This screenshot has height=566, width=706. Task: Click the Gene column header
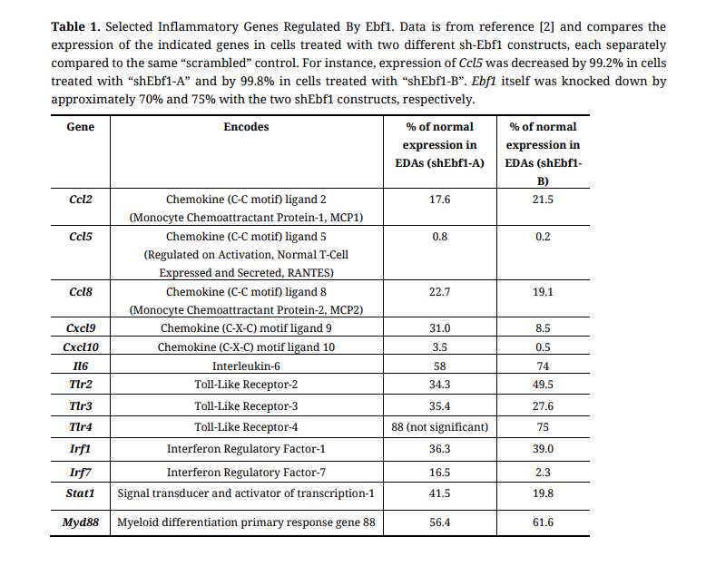point(81,127)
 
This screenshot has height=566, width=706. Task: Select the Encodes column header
point(246,127)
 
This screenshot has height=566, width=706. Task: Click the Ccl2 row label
point(81,199)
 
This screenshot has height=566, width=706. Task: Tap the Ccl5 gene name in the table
point(81,237)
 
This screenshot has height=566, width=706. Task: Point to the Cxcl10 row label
point(81,347)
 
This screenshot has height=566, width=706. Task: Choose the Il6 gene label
point(81,366)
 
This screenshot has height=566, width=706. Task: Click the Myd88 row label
point(81,522)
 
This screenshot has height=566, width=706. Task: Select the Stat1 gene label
point(81,493)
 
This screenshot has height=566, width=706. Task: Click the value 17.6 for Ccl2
point(440,199)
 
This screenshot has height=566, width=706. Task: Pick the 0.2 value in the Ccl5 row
point(543,237)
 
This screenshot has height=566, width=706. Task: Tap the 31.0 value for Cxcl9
point(440,328)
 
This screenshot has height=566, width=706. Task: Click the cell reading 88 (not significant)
point(440,426)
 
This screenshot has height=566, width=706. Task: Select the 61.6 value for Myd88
point(543,522)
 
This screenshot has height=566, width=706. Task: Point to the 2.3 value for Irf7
point(543,473)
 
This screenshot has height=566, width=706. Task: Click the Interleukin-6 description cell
point(246,366)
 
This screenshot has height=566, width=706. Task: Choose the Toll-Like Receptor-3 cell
point(246,405)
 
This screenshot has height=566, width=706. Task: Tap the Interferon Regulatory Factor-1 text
point(246,449)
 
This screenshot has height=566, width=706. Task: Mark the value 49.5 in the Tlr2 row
point(543,385)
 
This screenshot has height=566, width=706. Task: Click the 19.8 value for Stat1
point(543,493)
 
